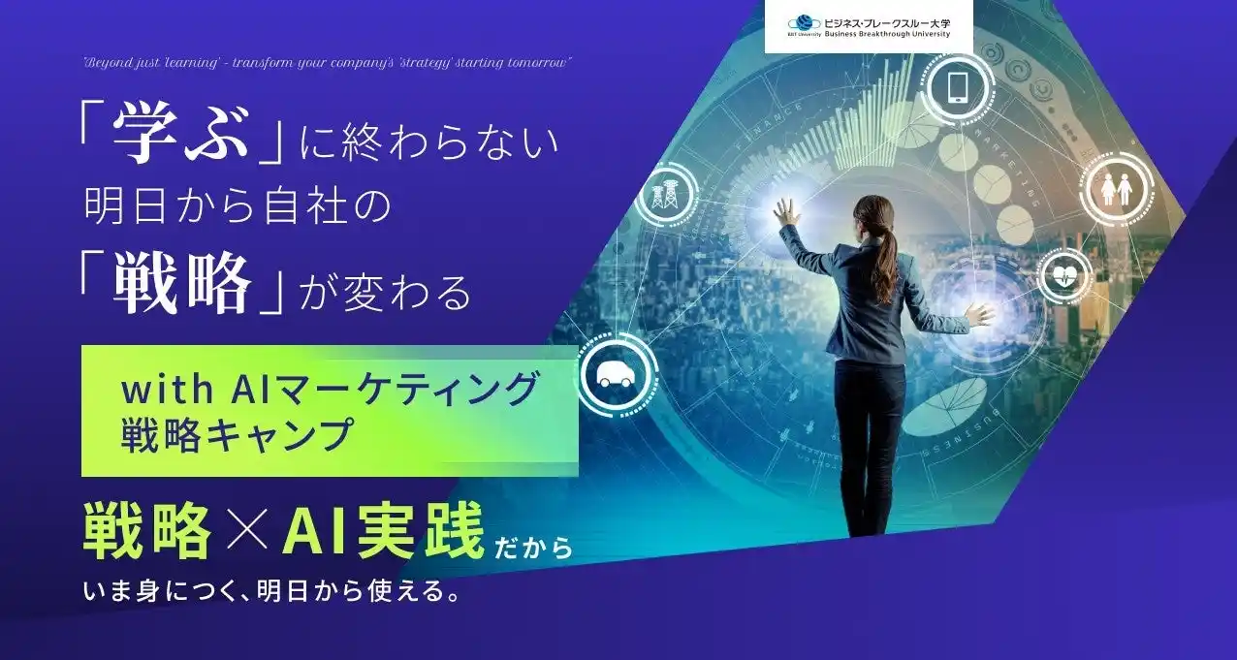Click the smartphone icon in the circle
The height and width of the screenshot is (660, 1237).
click(x=958, y=88)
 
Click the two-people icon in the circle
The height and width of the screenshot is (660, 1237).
click(x=1117, y=188)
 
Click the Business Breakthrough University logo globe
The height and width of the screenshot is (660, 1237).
click(x=805, y=23)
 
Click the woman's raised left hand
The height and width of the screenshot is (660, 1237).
click(x=785, y=210)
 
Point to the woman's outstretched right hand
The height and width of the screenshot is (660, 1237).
click(x=979, y=314)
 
